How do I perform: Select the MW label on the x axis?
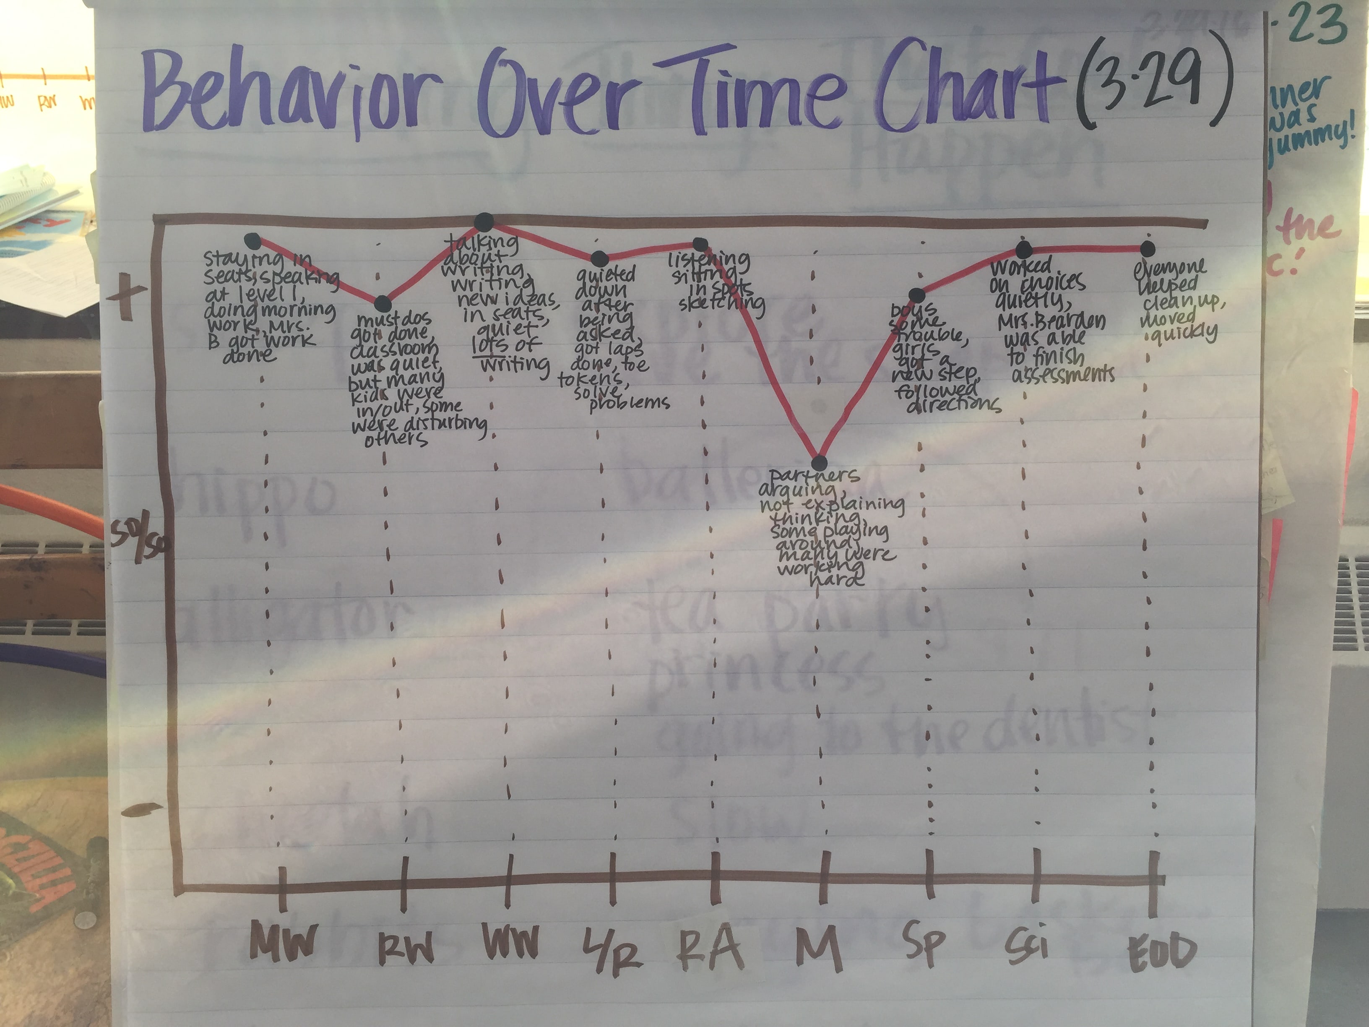(x=284, y=941)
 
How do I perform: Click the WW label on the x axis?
(x=510, y=941)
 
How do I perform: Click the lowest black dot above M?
(x=819, y=462)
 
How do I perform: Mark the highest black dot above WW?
(x=484, y=222)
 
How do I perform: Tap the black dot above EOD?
(x=1147, y=249)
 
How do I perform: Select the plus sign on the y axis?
(x=126, y=295)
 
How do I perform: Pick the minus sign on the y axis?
(x=141, y=808)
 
